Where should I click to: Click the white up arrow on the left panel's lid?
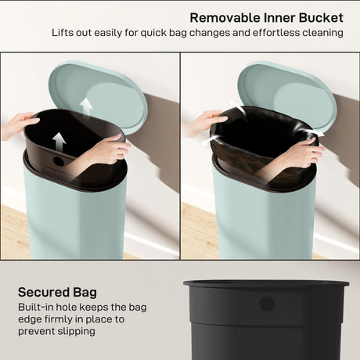(86, 105)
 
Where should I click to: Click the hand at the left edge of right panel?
(202, 121)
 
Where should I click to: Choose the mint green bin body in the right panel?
(262, 223)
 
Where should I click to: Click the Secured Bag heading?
(60, 292)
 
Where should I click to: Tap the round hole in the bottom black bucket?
(266, 303)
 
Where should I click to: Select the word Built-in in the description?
(37, 308)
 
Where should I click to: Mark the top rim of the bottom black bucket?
(266, 283)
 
